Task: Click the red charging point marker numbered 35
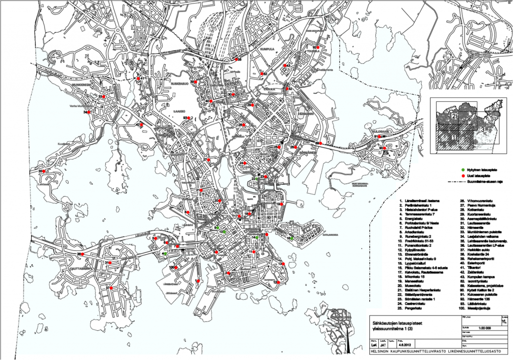pyautogui.click(x=44, y=171)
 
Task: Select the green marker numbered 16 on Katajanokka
pyautogui.click(x=292, y=239)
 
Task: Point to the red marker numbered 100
pyautogui.click(x=177, y=268)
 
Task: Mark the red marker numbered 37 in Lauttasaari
pyautogui.click(x=113, y=288)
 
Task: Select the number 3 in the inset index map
pyautogui.click(x=482, y=129)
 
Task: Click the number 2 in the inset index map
pyautogui.click(x=453, y=116)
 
